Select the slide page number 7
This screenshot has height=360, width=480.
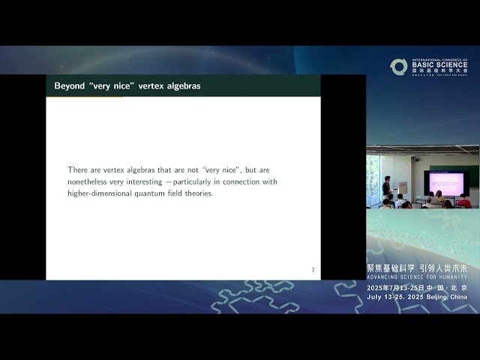313,270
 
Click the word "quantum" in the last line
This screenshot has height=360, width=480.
161,193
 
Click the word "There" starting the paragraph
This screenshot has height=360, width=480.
79,169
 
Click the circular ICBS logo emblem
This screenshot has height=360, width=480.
398,66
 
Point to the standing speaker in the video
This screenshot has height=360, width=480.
386,187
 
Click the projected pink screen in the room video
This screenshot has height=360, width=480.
445,180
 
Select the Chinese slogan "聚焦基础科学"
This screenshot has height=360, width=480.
391,268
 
